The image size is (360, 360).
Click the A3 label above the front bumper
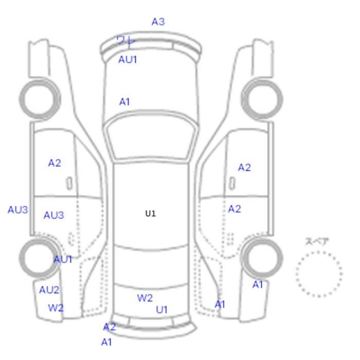coord(158,22)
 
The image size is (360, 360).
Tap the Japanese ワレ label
coord(126,41)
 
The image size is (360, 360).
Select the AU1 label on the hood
coord(128,60)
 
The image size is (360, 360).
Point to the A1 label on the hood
coord(124,102)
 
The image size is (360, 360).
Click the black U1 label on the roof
coord(151,214)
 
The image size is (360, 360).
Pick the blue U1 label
coord(161,310)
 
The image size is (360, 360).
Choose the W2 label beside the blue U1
coord(145,298)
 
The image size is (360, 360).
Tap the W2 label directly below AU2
coord(56,308)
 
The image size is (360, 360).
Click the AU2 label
coord(49,290)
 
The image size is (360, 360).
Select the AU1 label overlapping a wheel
coord(63,260)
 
